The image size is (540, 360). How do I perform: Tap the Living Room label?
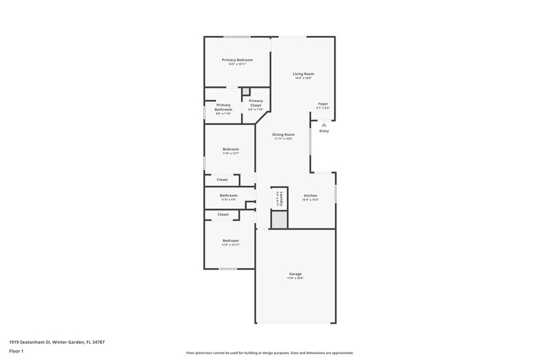(x=303, y=74)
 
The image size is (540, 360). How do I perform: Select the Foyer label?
(x=323, y=104)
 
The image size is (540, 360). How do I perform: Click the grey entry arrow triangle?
(x=324, y=124)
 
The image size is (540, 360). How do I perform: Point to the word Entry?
(x=324, y=131)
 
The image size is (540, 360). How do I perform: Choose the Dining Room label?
(x=283, y=134)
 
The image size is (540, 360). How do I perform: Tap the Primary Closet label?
(x=255, y=103)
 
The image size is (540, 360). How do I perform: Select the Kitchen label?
(x=310, y=196)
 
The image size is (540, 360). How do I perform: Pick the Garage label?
(x=294, y=274)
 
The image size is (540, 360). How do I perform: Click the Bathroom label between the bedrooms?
(x=228, y=195)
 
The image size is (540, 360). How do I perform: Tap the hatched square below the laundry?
(x=279, y=219)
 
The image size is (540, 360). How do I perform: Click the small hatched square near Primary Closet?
(x=246, y=93)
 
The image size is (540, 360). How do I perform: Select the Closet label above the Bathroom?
(x=222, y=180)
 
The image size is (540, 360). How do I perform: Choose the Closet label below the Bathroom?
(x=223, y=214)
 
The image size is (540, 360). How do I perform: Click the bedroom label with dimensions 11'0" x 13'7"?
(x=231, y=149)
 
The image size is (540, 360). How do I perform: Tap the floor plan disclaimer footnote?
(x=270, y=353)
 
